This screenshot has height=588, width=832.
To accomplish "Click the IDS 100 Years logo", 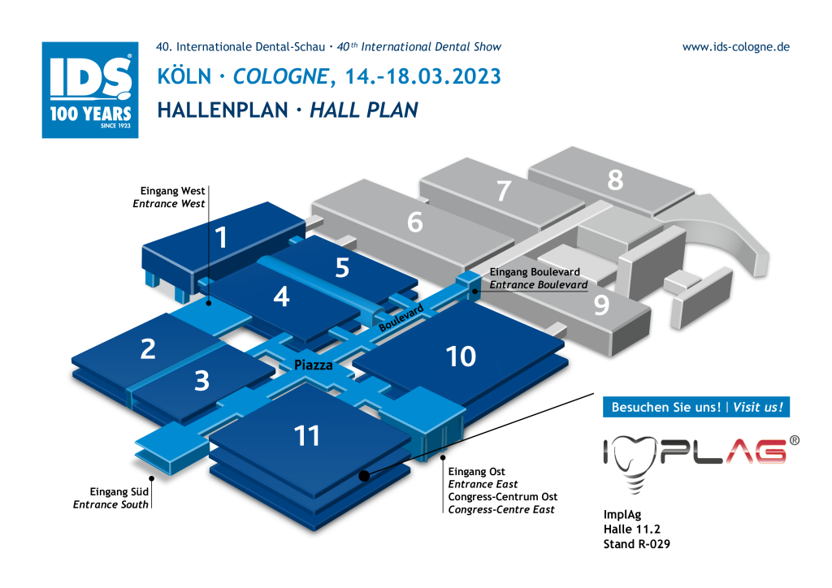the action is [90, 90].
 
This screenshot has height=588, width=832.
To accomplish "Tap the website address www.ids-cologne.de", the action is [736, 46].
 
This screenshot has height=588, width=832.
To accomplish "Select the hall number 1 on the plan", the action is [221, 237].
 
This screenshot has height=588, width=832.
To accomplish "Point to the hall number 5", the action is [342, 268].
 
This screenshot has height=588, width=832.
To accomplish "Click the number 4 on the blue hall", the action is [281, 296].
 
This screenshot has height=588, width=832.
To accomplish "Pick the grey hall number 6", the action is [415, 222].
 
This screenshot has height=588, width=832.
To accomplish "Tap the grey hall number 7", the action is [504, 191].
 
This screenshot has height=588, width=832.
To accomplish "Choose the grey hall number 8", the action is [616, 179].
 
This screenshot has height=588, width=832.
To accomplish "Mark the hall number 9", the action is [601, 305].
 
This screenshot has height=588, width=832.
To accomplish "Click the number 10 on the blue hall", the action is [461, 357].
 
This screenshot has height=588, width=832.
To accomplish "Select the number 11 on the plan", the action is [306, 436].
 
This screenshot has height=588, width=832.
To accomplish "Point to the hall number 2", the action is [148, 349].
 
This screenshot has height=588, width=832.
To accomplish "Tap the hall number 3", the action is [201, 381].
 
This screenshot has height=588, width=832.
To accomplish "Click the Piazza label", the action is [314, 365].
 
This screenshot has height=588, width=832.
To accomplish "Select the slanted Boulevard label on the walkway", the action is [401, 318].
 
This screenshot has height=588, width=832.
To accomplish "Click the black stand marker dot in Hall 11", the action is [364, 476].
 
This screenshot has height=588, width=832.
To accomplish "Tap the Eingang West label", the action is [172, 191].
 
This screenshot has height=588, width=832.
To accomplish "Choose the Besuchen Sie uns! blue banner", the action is [696, 407].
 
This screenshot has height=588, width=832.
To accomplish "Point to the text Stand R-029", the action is [637, 544].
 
